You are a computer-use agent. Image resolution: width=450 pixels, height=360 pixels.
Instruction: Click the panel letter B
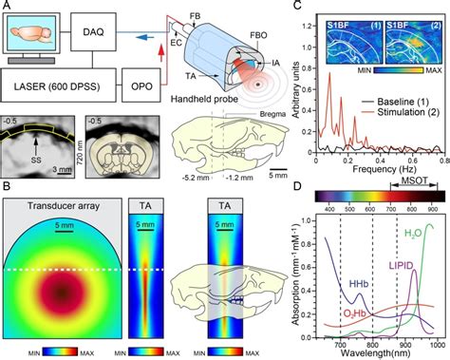click(8, 186)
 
